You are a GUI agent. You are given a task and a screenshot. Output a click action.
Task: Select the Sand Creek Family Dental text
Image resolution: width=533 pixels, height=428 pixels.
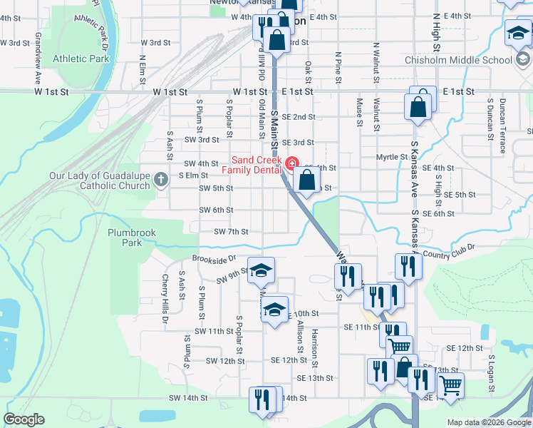[255, 165]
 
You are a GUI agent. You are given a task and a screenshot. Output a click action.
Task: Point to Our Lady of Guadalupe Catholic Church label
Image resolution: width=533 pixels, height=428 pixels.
[100, 180]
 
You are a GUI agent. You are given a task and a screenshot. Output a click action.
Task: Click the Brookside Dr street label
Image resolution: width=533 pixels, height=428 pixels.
[213, 259]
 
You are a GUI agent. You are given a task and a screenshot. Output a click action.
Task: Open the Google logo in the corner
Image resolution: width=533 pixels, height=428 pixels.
[24, 419]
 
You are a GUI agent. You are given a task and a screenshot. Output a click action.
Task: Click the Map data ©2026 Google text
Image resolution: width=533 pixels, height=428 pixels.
[488, 422]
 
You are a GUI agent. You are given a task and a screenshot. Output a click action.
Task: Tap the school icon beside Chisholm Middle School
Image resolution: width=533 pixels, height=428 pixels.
[518, 33]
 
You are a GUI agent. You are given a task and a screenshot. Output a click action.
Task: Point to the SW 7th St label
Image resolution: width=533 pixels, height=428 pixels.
[231, 232]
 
